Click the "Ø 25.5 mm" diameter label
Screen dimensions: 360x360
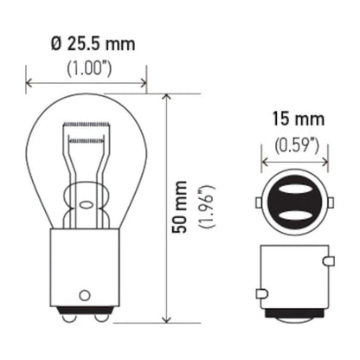click(x=86, y=42)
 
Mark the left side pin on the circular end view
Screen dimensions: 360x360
click(x=259, y=204)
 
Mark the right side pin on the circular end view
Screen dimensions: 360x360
click(x=330, y=204)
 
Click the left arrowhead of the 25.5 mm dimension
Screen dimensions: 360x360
click(x=31, y=84)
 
